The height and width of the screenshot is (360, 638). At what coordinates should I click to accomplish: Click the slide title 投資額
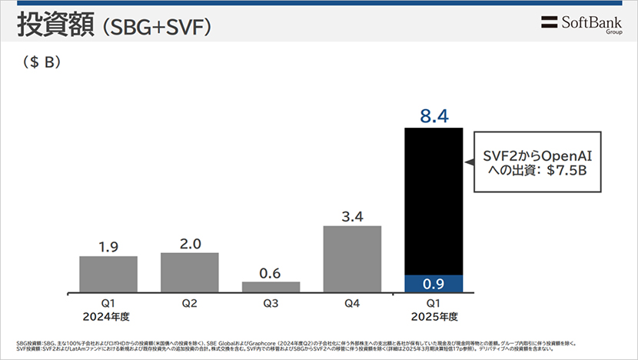(52, 25)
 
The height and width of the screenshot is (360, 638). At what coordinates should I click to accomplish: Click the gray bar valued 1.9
(108, 274)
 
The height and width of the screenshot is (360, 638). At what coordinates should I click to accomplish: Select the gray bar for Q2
(189, 272)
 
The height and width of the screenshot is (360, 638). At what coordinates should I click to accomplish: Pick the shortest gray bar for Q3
(271, 287)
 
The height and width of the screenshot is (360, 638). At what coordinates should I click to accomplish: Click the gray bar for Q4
(352, 258)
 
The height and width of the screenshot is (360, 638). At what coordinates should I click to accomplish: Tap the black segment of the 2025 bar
(434, 200)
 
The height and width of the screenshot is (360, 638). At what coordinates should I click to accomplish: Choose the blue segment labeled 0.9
(434, 283)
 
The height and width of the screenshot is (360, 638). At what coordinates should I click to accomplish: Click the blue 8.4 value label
(434, 117)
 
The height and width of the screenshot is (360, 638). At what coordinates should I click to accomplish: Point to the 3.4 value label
(352, 216)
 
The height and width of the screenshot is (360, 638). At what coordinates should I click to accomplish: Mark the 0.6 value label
(271, 272)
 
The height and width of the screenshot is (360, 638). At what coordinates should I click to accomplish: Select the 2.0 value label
(189, 244)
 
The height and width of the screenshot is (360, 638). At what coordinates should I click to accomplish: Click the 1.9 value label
(108, 247)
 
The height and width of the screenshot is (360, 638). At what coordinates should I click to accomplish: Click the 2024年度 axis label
(108, 315)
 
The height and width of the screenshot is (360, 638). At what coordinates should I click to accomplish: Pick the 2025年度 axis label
(434, 315)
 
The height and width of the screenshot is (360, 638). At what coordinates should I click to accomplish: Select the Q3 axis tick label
(271, 303)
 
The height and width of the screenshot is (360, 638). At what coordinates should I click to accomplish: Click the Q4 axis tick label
(352, 303)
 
